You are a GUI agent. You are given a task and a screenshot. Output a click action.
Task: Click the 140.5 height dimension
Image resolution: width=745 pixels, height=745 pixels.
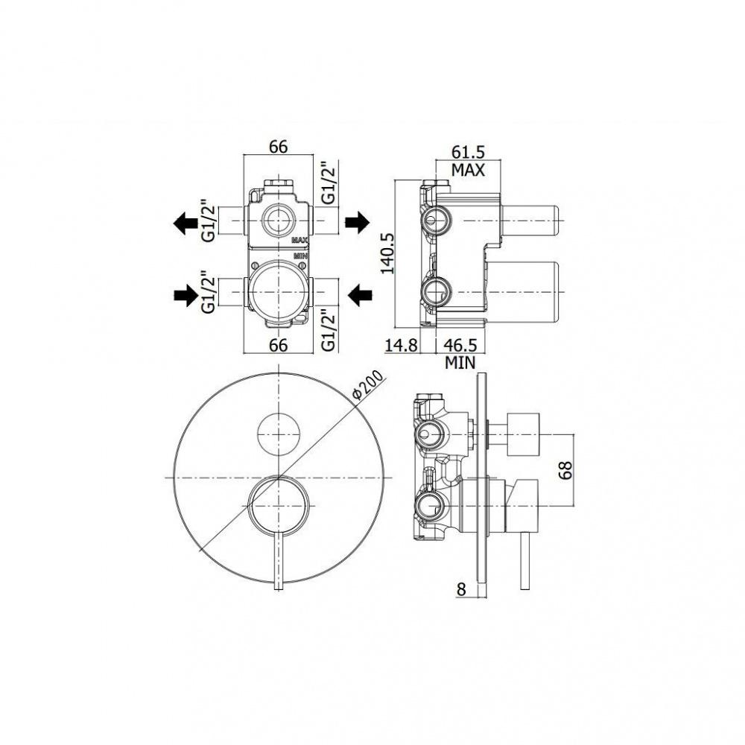coord(388,253)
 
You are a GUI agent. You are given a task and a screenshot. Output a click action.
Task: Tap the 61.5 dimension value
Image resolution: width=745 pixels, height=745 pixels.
coord(468,152)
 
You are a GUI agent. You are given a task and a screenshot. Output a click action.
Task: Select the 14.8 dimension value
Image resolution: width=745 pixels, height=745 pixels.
coord(401,345)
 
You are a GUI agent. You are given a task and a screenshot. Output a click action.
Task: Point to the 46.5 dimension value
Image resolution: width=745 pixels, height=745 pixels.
coord(460,345)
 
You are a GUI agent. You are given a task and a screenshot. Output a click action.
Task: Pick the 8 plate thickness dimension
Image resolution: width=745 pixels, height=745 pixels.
coord(461,589)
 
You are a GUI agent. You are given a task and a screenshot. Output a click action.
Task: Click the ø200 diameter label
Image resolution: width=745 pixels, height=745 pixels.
coord(367,384)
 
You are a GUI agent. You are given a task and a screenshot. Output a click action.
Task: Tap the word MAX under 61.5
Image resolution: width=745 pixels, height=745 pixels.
coord(468,170)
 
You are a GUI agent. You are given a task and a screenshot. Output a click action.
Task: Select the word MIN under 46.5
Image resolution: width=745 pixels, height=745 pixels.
coord(460,363)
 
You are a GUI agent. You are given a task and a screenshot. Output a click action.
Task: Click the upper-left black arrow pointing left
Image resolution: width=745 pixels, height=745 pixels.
coord(185,223)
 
